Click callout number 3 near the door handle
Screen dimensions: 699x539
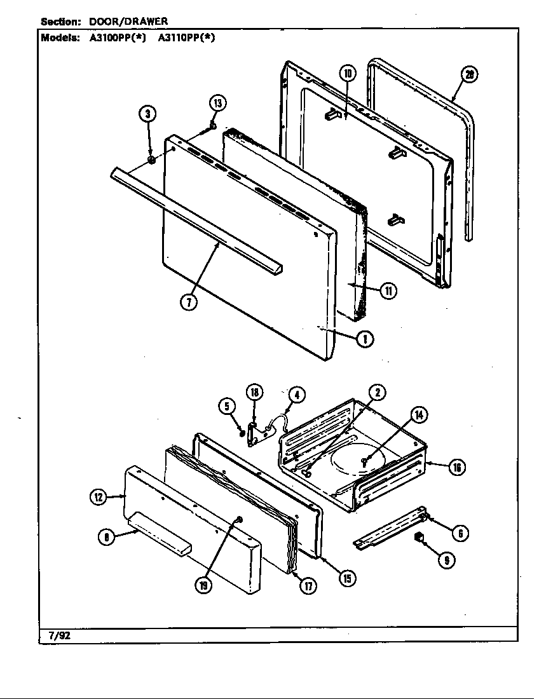click(x=147, y=114)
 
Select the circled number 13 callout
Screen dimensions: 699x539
click(x=218, y=104)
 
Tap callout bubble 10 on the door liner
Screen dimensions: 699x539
click(x=348, y=73)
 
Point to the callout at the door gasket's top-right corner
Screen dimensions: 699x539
click(x=469, y=75)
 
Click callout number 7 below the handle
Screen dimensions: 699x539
click(x=189, y=302)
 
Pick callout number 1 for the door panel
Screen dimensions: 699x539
click(x=364, y=339)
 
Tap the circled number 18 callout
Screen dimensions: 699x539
click(x=254, y=393)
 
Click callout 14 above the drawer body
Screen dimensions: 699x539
click(x=418, y=416)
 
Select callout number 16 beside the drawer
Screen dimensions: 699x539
click(x=456, y=468)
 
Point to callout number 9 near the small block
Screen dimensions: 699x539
click(x=446, y=560)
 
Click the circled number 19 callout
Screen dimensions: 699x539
click(x=203, y=585)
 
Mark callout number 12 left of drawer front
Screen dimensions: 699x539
click(x=98, y=498)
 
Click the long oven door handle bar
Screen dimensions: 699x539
click(x=197, y=216)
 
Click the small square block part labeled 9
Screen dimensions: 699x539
click(x=419, y=538)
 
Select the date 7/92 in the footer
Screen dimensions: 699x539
click(x=59, y=634)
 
